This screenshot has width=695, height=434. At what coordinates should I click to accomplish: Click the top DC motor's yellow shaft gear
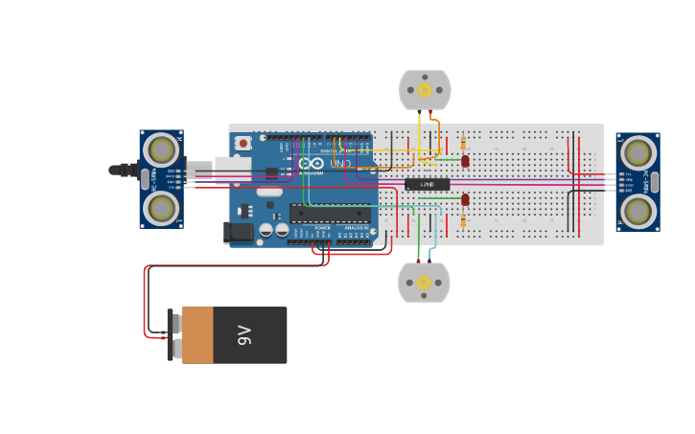tap(425, 90)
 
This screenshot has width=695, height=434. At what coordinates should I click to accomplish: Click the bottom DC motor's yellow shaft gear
tap(424, 283)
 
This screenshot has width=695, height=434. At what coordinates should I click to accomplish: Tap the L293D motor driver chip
tap(427, 184)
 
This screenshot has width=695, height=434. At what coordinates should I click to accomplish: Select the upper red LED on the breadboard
tap(465, 161)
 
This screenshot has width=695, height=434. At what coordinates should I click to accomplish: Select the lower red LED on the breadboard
tap(465, 199)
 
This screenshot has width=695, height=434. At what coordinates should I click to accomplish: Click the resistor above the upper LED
tap(464, 143)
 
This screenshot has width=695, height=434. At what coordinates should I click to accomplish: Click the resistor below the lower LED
tap(464, 219)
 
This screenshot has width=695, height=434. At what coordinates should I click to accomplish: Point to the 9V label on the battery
tap(244, 335)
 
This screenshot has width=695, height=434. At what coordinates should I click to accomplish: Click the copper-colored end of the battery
tap(197, 335)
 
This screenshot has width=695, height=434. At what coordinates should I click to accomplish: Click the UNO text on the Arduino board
tap(339, 164)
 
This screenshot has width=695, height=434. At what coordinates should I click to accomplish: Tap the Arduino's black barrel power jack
tap(239, 232)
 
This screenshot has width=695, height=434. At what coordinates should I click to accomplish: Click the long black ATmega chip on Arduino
tap(330, 214)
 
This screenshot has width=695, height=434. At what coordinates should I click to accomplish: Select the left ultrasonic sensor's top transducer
tap(161, 150)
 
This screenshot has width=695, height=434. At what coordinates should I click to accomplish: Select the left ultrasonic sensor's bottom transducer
tap(161, 208)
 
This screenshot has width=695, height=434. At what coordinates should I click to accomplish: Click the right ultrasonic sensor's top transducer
tap(637, 152)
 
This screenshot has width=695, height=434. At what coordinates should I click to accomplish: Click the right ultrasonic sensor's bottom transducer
tap(637, 211)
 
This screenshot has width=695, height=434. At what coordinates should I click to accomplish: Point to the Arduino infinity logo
tap(312, 164)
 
